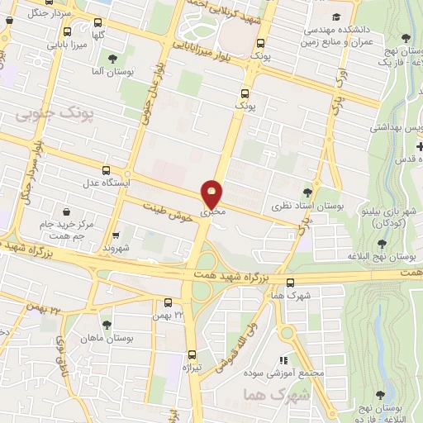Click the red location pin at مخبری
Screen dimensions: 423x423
212,195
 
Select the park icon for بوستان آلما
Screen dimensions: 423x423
112,58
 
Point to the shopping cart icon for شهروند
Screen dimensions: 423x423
116,234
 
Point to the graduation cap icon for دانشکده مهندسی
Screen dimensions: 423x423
336,17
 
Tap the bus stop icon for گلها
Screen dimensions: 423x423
100,23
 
